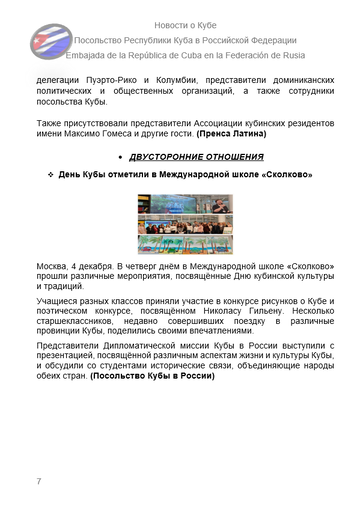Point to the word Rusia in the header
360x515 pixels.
pos(313,55)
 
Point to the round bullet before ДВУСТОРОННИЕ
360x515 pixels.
pos(122,157)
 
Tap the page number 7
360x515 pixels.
pos(38,482)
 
